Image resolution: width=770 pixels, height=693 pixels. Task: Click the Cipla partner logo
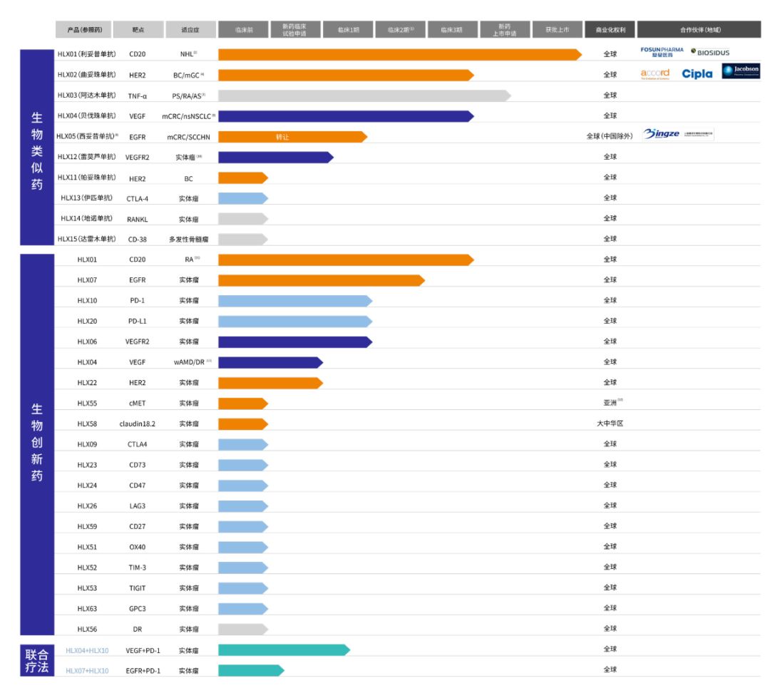(697, 74)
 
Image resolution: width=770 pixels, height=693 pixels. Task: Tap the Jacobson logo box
(741, 71)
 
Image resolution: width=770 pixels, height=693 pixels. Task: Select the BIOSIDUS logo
(710, 53)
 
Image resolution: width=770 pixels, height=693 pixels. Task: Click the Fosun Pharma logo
(662, 52)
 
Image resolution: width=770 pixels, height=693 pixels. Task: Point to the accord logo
(655, 74)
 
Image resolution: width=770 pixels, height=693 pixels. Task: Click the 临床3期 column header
(452, 30)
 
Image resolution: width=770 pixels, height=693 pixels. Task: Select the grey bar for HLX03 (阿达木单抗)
(364, 96)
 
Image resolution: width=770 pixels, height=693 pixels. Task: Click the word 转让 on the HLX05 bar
(283, 136)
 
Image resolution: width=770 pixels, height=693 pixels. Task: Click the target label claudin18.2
(138, 424)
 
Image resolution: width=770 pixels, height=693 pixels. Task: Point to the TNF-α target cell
(138, 96)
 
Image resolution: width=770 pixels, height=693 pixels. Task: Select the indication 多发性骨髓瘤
(189, 240)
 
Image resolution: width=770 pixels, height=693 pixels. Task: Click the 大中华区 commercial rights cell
(610, 423)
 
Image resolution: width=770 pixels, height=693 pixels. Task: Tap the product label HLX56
(87, 630)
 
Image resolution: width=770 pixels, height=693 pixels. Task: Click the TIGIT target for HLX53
(138, 588)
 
